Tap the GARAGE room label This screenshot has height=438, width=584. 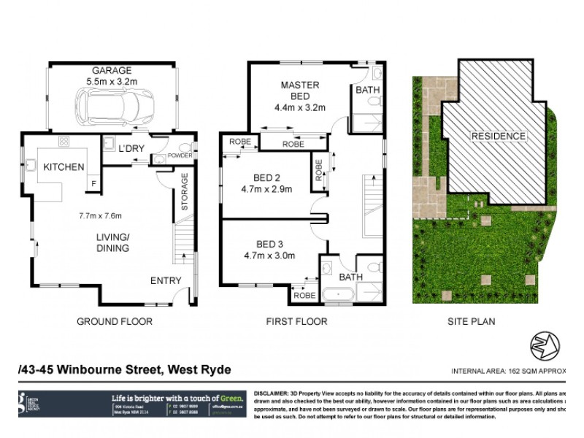pyautogui.click(x=112, y=71)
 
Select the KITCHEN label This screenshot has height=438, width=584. pyautogui.click(x=64, y=167)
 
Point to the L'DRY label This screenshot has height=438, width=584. pyautogui.click(x=131, y=149)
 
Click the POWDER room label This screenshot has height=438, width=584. pyautogui.click(x=180, y=155)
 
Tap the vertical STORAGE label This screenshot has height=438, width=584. pyautogui.click(x=185, y=191)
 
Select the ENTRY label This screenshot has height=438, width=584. pyautogui.click(x=166, y=280)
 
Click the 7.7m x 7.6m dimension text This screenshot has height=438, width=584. pyautogui.click(x=100, y=215)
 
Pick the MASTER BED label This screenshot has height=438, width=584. pyautogui.click(x=299, y=91)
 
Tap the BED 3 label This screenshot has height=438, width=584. pyautogui.click(x=269, y=244)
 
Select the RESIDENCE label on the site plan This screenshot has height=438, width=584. pyautogui.click(x=498, y=137)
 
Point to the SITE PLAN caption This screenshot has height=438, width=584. pyautogui.click(x=468, y=321)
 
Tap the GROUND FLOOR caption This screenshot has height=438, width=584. pyautogui.click(x=115, y=321)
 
